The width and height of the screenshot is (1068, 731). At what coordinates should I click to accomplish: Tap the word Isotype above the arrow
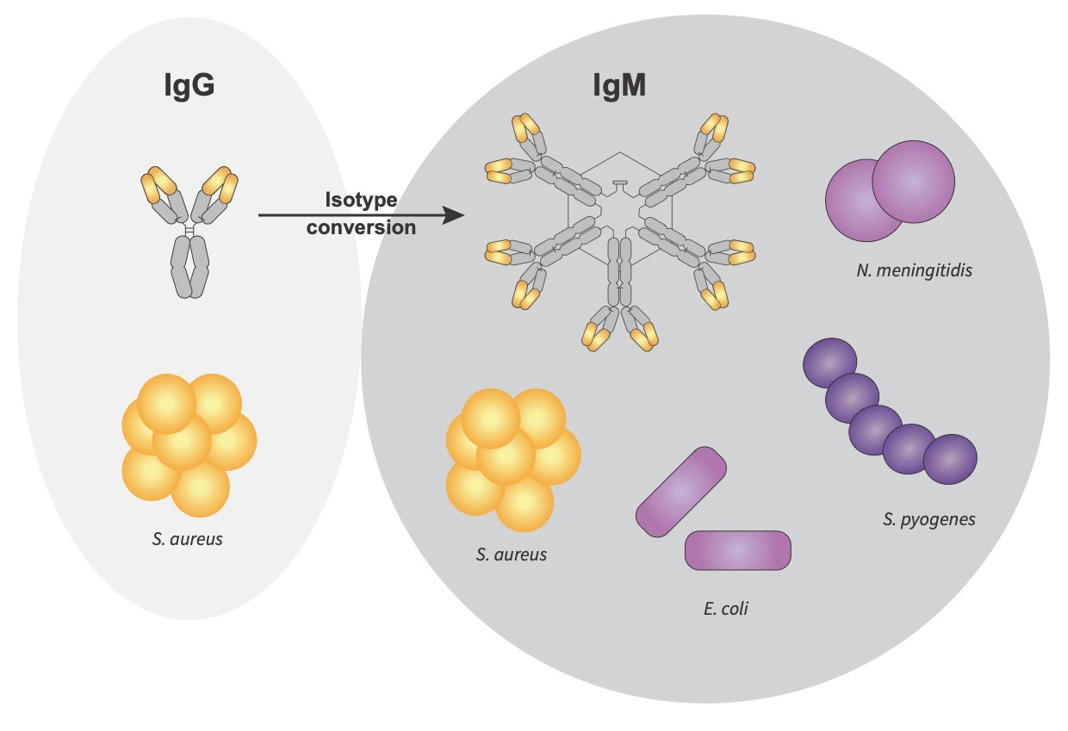point(361,200)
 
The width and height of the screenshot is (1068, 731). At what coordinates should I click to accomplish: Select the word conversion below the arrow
point(361,227)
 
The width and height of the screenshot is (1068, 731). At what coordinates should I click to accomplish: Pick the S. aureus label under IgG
point(187,541)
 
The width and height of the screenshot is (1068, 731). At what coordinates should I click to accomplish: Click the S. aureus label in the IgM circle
point(511,554)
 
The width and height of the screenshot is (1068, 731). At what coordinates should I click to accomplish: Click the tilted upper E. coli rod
point(680,492)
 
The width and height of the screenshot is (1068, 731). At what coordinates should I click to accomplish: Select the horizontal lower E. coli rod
point(737,550)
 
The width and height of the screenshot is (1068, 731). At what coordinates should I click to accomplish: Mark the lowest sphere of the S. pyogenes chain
point(950,459)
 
